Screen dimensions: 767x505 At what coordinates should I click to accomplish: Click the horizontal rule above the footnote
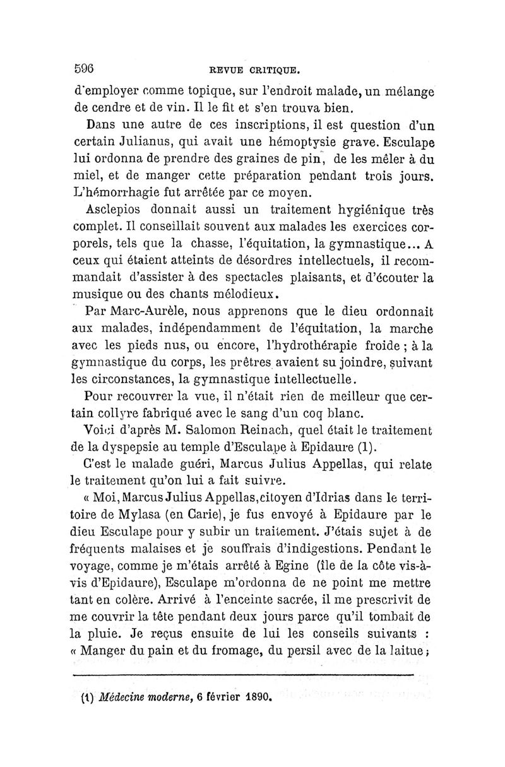[x=243, y=677]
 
